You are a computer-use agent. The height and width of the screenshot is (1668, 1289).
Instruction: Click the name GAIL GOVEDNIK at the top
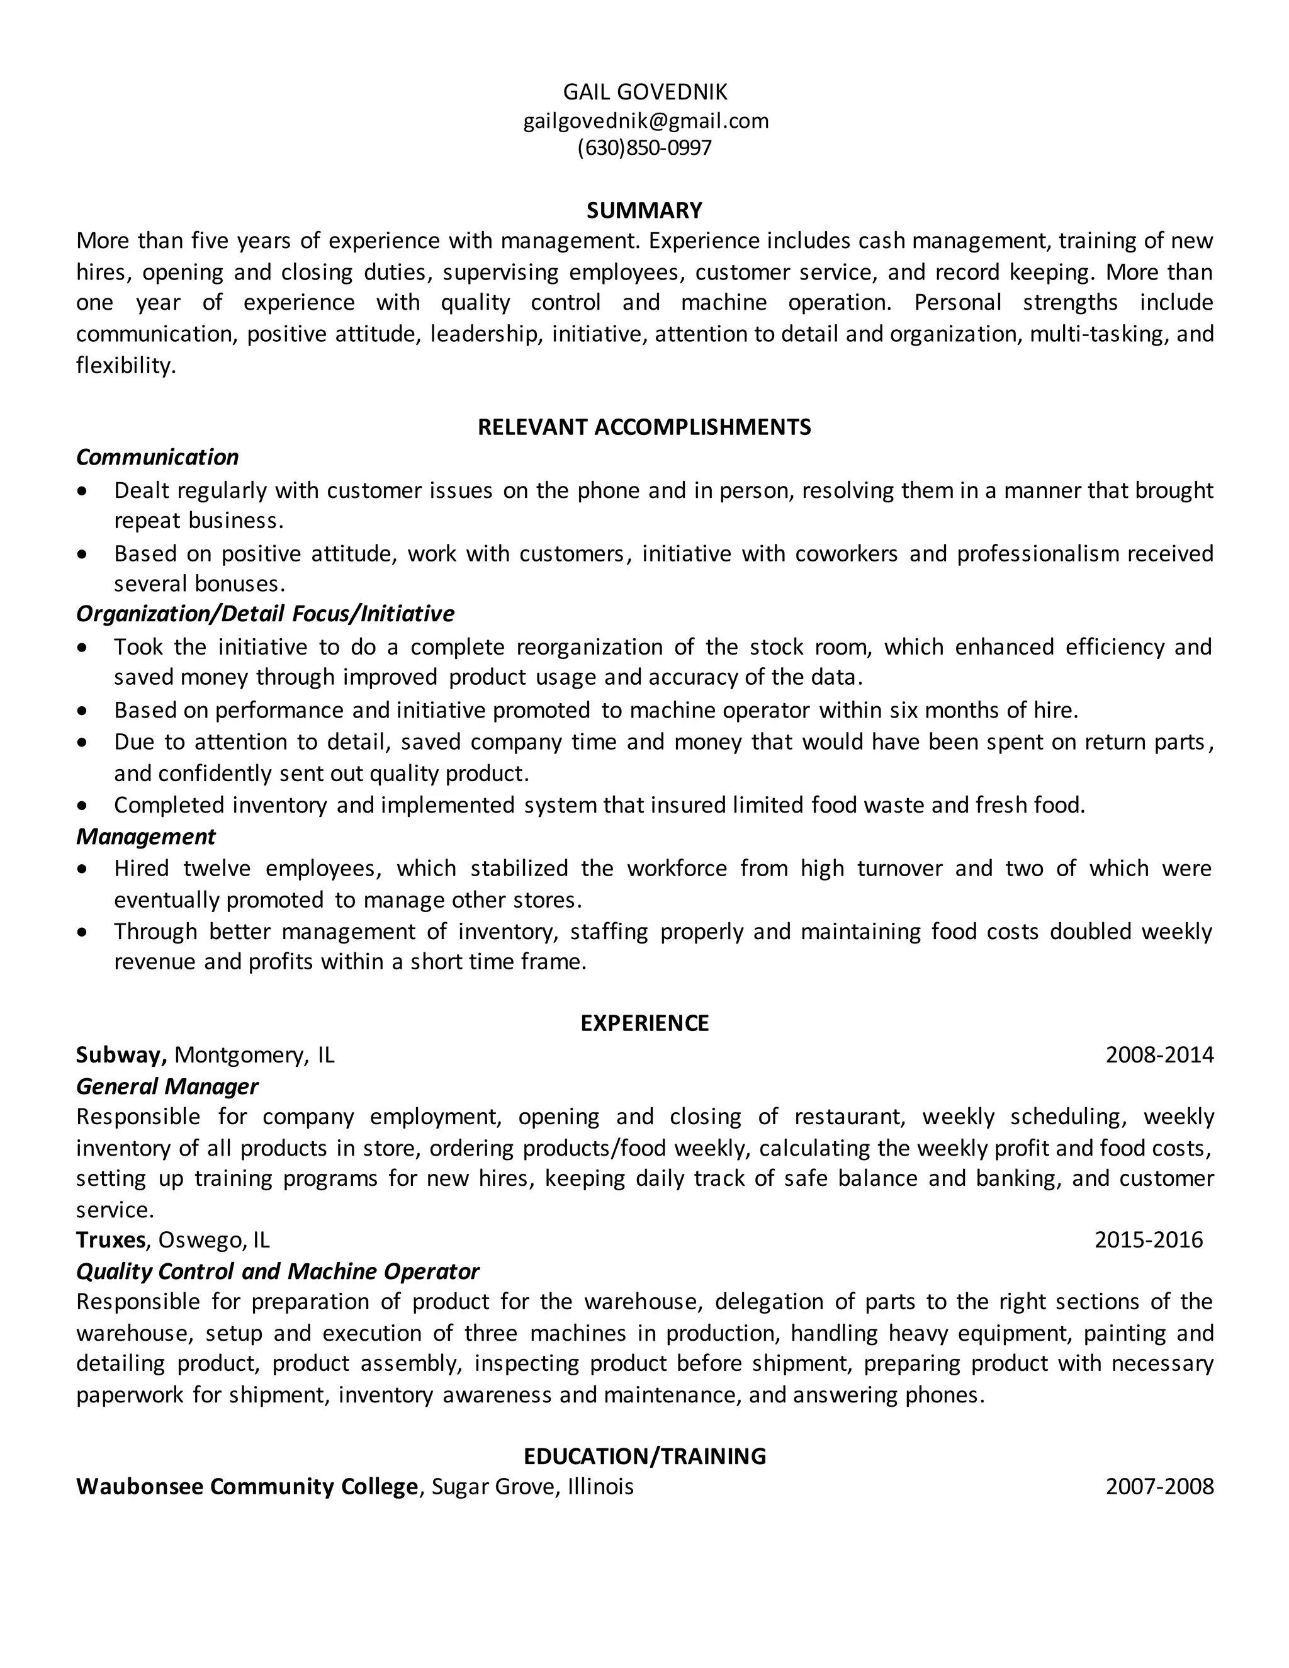tap(644, 93)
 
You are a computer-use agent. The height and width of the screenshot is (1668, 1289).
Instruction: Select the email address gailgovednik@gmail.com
tap(645, 121)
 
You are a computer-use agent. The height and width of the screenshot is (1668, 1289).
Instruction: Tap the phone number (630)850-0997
tap(644, 147)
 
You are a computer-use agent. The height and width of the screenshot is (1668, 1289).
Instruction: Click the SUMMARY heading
tap(644, 210)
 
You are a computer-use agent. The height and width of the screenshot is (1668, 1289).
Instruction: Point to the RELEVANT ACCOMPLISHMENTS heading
tap(644, 427)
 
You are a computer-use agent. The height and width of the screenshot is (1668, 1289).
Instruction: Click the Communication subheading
tap(157, 458)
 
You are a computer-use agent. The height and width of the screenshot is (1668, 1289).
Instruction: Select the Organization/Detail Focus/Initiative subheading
tap(265, 614)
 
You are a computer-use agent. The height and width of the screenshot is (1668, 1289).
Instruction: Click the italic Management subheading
tap(146, 837)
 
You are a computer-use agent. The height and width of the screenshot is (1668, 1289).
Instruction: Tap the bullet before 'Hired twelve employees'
tap(82, 870)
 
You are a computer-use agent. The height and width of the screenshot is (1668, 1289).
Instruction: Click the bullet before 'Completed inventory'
tap(82, 806)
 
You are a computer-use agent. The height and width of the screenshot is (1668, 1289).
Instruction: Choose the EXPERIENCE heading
tap(644, 1023)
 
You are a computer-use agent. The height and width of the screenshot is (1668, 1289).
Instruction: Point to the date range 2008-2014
tap(1159, 1056)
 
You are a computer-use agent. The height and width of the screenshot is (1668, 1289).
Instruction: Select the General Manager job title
tap(167, 1087)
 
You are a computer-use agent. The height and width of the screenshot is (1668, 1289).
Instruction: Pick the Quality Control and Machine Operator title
tap(277, 1271)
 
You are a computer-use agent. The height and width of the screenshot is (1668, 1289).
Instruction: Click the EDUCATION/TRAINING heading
tap(644, 1457)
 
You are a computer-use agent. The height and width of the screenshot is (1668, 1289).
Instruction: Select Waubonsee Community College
tap(247, 1487)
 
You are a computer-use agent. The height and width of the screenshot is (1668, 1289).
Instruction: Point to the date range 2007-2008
tap(1159, 1487)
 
